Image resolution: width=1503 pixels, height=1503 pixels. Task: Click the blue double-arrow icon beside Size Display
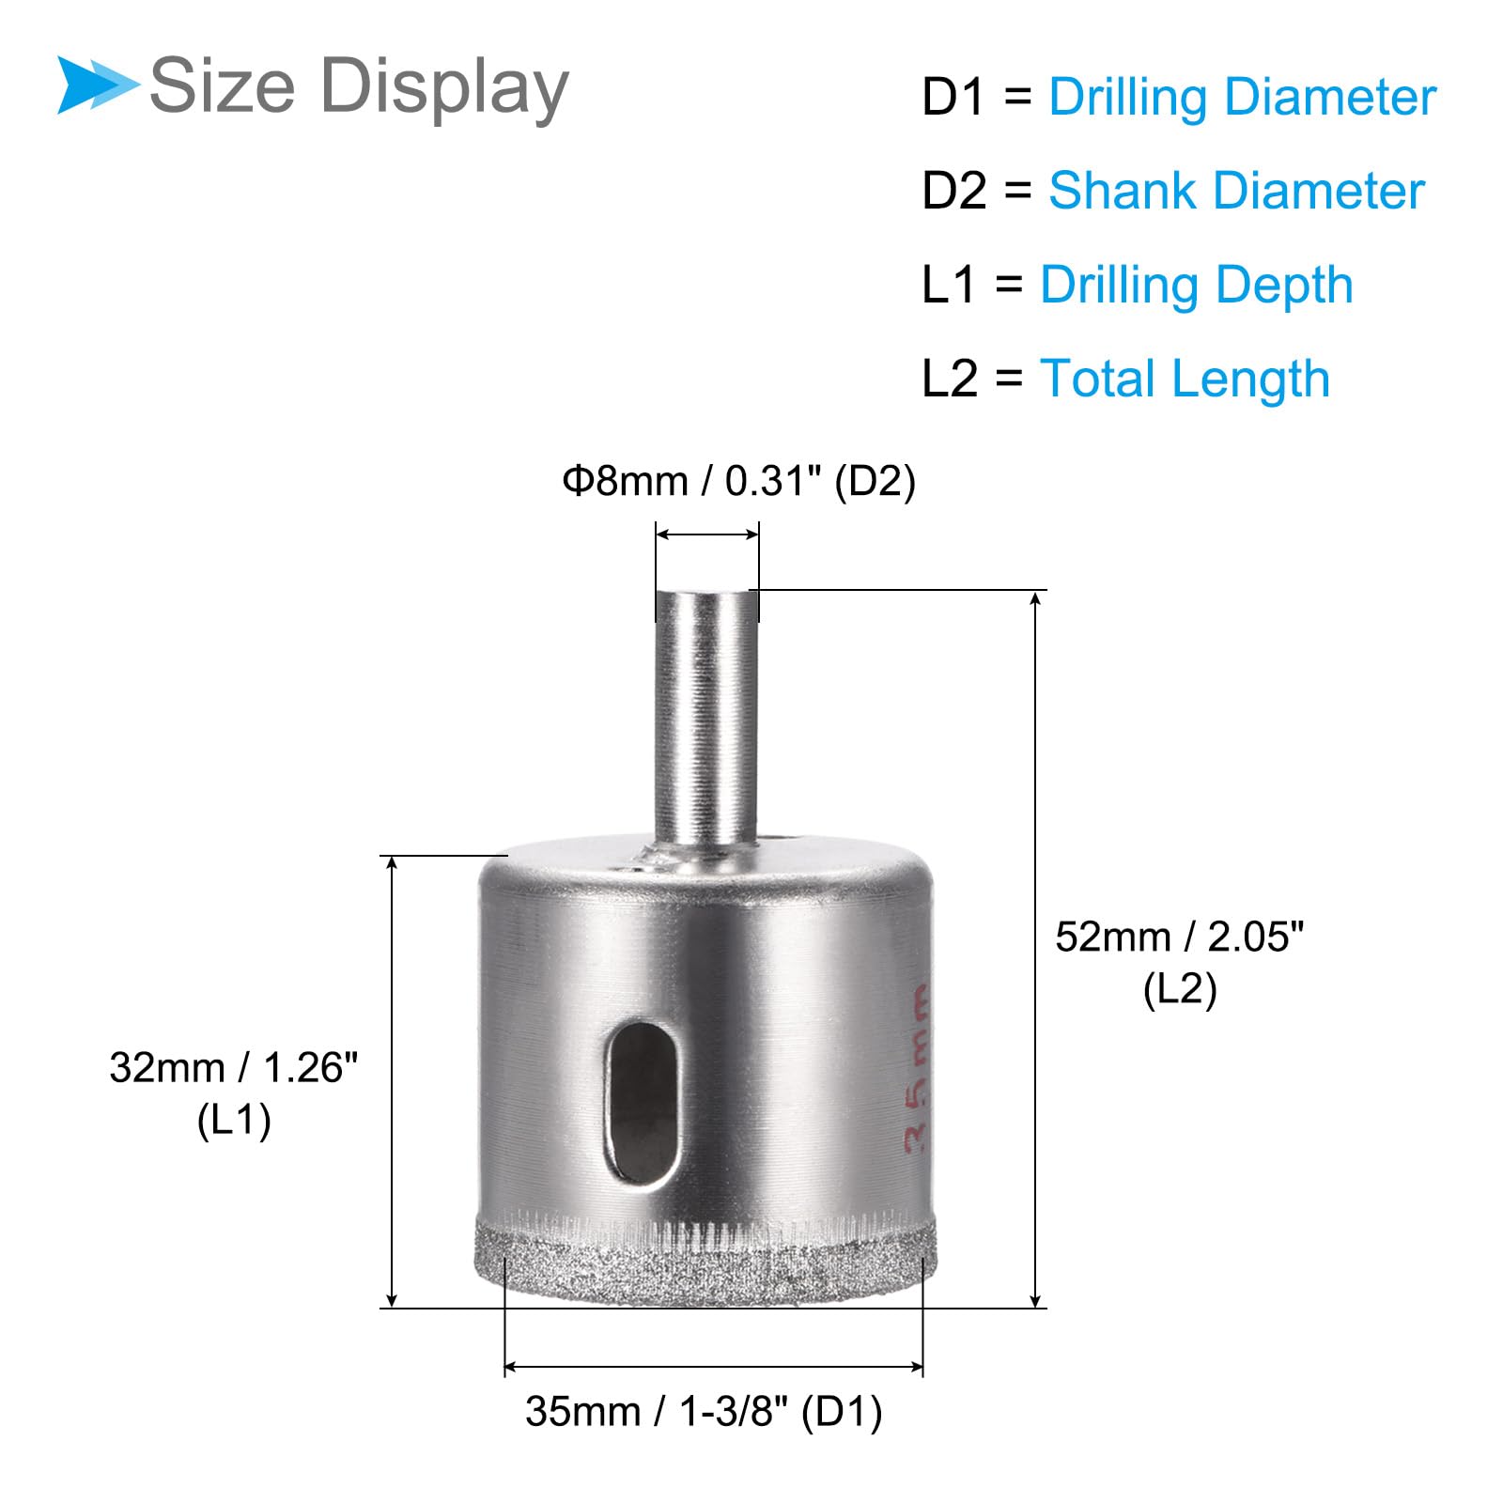(98, 85)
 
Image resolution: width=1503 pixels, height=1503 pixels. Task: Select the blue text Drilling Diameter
(1243, 98)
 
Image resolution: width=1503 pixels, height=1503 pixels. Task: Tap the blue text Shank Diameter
(1236, 191)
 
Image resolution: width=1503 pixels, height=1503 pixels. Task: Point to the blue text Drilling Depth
(1197, 286)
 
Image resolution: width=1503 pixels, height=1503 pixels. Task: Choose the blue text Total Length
(1185, 380)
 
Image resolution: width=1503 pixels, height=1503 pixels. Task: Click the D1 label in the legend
(953, 98)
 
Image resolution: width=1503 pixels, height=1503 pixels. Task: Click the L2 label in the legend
(950, 380)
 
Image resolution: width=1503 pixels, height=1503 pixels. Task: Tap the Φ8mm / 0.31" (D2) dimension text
(738, 481)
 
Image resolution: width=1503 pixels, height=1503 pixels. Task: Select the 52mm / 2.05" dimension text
(1180, 937)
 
